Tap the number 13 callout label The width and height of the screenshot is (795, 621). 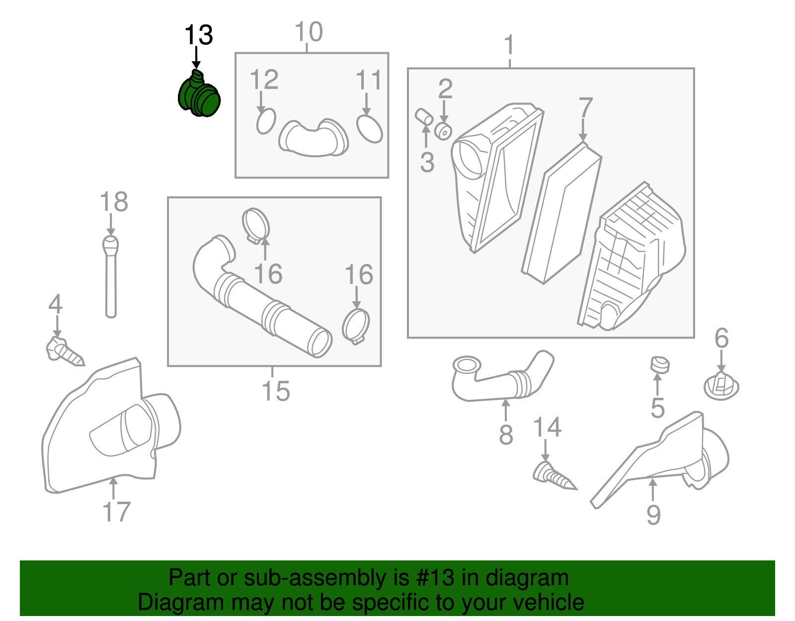click(198, 36)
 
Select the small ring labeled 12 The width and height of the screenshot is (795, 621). click(266, 121)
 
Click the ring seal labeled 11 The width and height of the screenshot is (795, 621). click(370, 129)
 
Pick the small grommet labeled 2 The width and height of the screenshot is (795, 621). click(443, 132)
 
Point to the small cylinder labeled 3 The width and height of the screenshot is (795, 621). click(424, 116)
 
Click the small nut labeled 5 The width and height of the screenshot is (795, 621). click(659, 365)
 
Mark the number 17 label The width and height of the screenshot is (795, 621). click(116, 512)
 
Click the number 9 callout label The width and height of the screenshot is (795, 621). click(653, 515)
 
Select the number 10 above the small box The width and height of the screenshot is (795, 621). click(309, 33)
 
